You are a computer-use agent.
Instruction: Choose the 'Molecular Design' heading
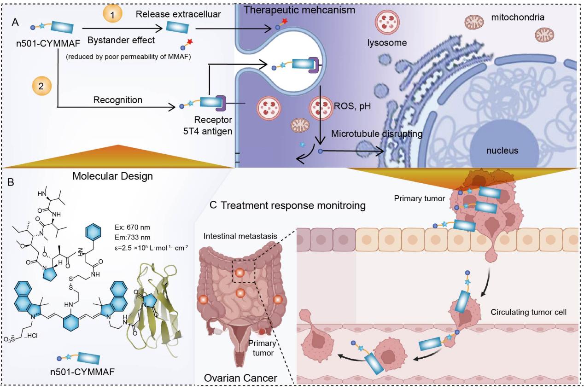click(x=113, y=175)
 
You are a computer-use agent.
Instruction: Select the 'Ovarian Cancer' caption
click(x=241, y=378)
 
